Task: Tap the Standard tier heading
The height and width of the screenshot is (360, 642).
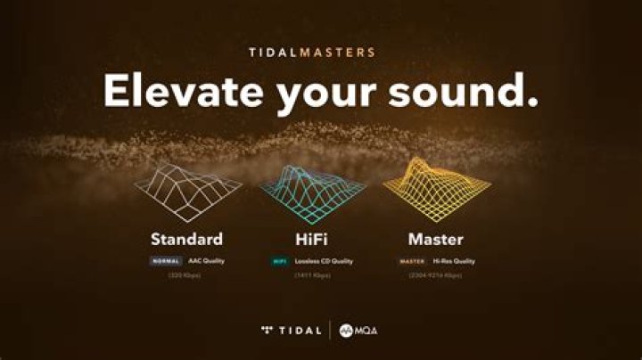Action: coord(186,239)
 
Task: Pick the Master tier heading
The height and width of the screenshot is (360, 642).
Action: coord(436,239)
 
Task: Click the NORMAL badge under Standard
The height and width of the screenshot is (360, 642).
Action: coord(166,261)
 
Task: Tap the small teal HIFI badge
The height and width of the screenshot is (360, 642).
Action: coord(279,261)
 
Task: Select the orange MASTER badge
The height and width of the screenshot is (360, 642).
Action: coord(412,261)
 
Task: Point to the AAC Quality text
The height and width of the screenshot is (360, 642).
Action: coord(205,261)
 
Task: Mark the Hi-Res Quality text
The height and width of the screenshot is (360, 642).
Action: coord(454,261)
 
